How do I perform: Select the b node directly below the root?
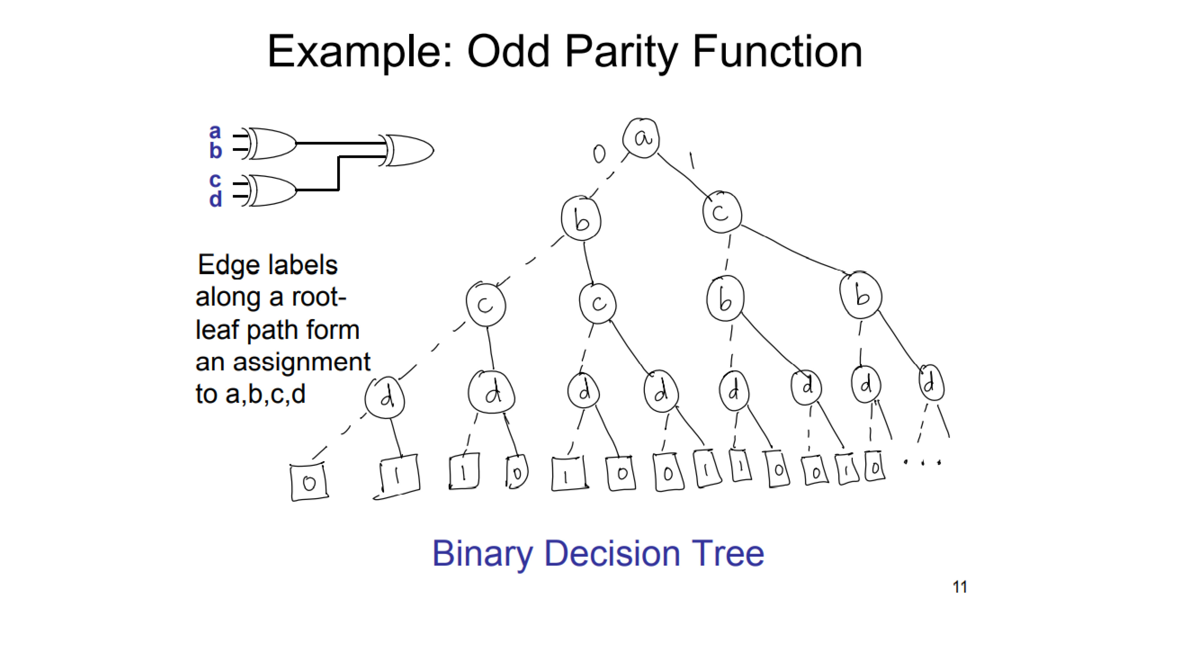click(x=582, y=219)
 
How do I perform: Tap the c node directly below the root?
click(x=722, y=212)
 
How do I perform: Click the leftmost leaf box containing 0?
click(x=309, y=482)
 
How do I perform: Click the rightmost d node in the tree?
click(x=931, y=384)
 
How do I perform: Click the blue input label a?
click(x=215, y=132)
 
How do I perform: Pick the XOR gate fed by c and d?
click(x=269, y=190)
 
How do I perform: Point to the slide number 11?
click(x=960, y=587)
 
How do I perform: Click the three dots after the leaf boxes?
click(x=922, y=461)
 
